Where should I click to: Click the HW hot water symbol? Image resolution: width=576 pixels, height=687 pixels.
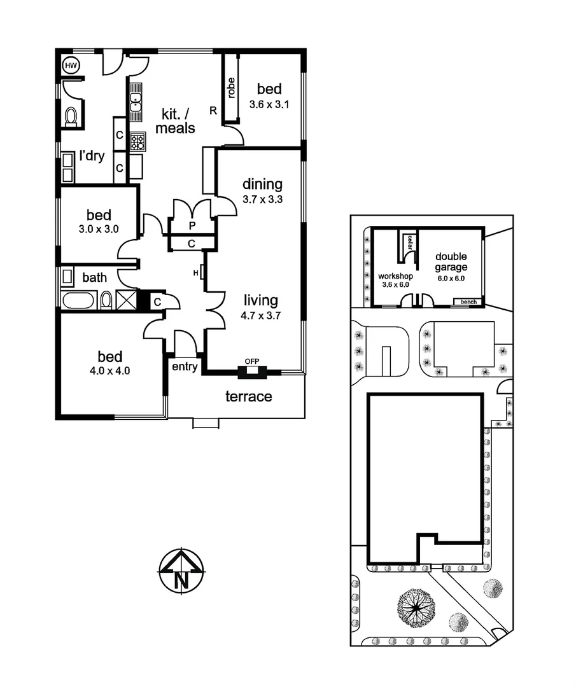tap(69, 64)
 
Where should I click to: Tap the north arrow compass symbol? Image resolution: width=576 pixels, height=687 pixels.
tap(181, 571)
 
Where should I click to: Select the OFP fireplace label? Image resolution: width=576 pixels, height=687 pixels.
tap(253, 362)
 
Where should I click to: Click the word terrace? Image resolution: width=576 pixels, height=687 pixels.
tap(249, 397)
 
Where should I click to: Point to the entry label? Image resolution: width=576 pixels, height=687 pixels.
tap(185, 367)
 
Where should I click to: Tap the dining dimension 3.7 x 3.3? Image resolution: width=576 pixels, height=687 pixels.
tap(262, 199)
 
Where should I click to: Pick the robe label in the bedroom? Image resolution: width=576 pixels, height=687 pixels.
tap(231, 88)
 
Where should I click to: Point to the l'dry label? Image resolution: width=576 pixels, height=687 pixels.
tap(92, 156)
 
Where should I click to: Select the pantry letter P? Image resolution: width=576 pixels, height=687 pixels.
tap(192, 226)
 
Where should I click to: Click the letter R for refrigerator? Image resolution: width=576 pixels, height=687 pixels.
tap(213, 110)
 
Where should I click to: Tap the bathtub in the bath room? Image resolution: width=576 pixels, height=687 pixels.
tap(79, 300)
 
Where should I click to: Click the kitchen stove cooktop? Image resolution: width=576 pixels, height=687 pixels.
tap(137, 141)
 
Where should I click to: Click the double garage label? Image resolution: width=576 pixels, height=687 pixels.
tap(451, 262)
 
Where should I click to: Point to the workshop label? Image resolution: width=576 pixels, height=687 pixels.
tap(396, 277)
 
